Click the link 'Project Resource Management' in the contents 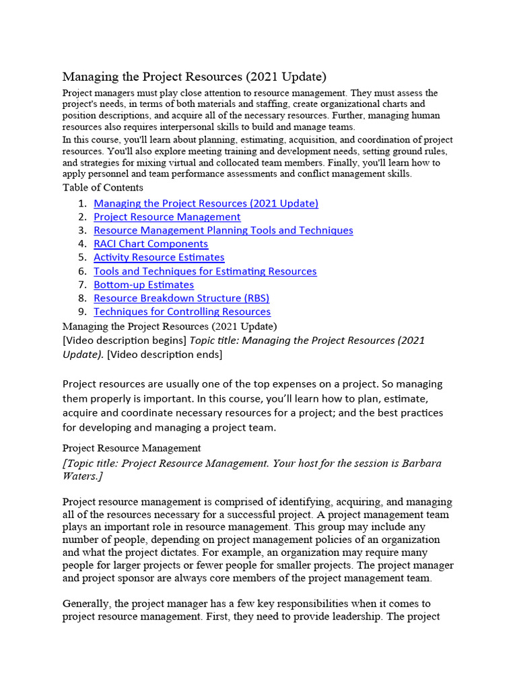point(167,217)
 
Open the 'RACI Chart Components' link point(151,244)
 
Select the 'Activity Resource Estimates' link point(159,257)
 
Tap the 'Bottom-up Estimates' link point(143,285)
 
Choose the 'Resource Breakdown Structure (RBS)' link point(181,298)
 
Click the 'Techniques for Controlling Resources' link point(182,312)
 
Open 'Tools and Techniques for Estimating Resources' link point(205,271)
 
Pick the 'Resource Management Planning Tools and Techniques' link point(223,230)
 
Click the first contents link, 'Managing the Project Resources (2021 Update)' point(206,203)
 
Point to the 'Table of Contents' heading point(103,188)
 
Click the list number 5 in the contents point(81,257)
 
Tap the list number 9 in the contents point(81,312)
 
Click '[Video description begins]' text point(125,340)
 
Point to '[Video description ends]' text point(165,354)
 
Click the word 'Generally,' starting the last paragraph point(87,604)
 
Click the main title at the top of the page point(195,77)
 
